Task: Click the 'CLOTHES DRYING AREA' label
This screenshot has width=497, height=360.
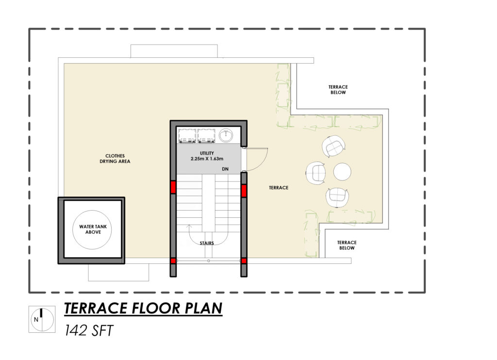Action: pyautogui.click(x=115, y=159)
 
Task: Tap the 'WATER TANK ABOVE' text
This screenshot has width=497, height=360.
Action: pyautogui.click(x=93, y=229)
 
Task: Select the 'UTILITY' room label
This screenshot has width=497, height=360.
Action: pyautogui.click(x=207, y=153)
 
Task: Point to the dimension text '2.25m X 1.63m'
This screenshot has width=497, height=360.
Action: pyautogui.click(x=207, y=159)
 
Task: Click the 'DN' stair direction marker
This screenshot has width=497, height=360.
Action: pyautogui.click(x=225, y=169)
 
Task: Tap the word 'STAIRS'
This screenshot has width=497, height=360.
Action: pyautogui.click(x=207, y=243)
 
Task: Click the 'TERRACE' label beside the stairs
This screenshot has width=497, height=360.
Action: pyautogui.click(x=279, y=188)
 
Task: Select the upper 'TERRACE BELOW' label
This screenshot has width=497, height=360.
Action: pyautogui.click(x=338, y=90)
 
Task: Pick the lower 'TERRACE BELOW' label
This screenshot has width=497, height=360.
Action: pyautogui.click(x=347, y=245)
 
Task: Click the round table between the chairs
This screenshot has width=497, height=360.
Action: pyautogui.click(x=342, y=171)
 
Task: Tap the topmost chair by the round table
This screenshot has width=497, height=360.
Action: pyautogui.click(x=333, y=146)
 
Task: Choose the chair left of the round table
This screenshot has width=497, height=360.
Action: pyautogui.click(x=315, y=173)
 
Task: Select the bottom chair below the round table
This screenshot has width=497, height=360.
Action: pyautogui.click(x=337, y=197)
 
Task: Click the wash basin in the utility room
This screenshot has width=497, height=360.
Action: pyautogui.click(x=226, y=135)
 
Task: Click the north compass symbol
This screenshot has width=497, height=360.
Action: pyautogui.click(x=42, y=319)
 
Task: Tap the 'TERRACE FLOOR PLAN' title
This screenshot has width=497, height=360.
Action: pyautogui.click(x=143, y=309)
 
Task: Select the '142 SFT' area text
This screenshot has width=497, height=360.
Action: pyautogui.click(x=89, y=330)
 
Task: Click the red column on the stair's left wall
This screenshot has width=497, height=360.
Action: pyautogui.click(x=173, y=187)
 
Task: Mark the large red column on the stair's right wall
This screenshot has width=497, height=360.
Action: pyautogui.click(x=244, y=191)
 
